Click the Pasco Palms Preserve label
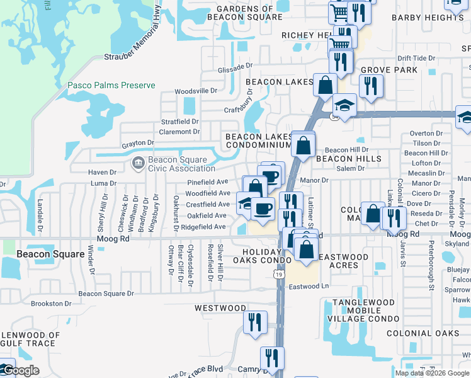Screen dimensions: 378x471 pyautogui.click(x=111, y=85)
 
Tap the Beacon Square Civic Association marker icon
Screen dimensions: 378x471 pyautogui.click(x=137, y=164)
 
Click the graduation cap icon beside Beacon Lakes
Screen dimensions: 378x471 pyautogui.click(x=344, y=105)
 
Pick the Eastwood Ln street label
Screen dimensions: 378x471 pyautogui.click(x=309, y=287)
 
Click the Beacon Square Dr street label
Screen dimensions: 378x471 pyautogui.click(x=106, y=294)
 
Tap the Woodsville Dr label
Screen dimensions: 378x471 pyautogui.click(x=195, y=91)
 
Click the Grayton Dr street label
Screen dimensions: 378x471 pyautogui.click(x=137, y=144)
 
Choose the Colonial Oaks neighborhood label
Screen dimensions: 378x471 pyautogui.click(x=423, y=333)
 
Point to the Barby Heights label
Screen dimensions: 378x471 pyautogui.click(x=428, y=18)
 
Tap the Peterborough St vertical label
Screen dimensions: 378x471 pyautogui.click(x=432, y=265)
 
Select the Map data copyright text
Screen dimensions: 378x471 pyautogui.click(x=432, y=373)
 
